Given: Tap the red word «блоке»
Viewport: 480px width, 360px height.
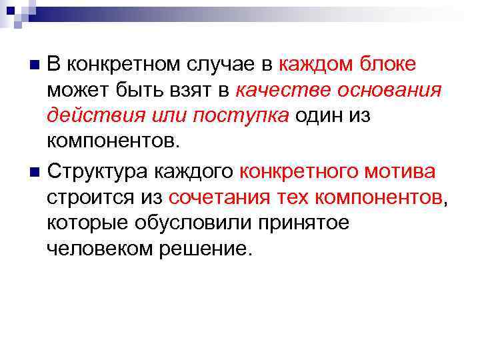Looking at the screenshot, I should pyautogui.click(x=388, y=65).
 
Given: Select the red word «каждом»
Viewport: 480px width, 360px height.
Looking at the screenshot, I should pyautogui.click(x=316, y=65).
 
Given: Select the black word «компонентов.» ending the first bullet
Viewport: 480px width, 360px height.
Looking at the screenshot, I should pyautogui.click(x=114, y=141).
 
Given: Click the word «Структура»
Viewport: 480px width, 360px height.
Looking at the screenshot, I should pyautogui.click(x=98, y=172).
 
